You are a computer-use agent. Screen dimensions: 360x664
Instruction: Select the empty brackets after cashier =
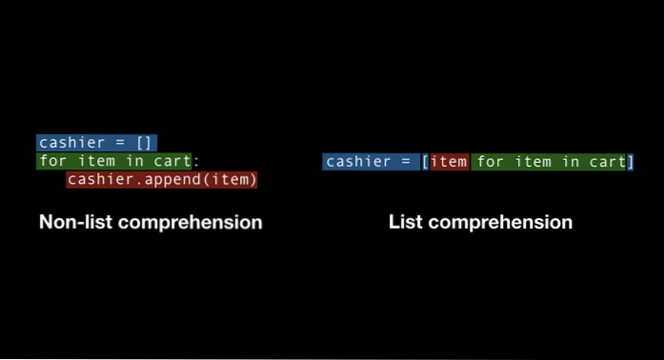click(x=144, y=143)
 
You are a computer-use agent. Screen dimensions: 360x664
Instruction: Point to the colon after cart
click(x=195, y=161)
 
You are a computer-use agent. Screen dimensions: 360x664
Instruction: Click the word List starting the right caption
click(x=405, y=223)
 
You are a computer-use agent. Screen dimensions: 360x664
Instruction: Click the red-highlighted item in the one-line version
click(x=449, y=162)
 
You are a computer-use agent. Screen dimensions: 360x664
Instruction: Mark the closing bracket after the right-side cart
click(x=630, y=162)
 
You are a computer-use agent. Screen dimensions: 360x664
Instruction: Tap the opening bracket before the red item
click(x=425, y=162)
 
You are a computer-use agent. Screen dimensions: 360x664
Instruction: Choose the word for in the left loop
click(x=51, y=161)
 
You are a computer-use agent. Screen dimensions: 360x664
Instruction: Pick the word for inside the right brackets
click(x=490, y=162)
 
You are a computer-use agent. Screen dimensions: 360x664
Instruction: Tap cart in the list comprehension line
click(x=606, y=162)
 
